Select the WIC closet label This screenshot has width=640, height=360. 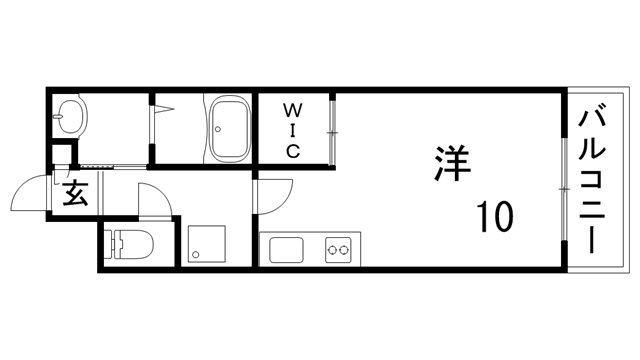pos(294,129)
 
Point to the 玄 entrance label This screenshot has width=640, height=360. pos(76,192)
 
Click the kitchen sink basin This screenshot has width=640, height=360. pos(279,248)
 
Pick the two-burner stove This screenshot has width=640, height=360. pos(339,248)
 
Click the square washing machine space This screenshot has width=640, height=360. pos(206,243)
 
